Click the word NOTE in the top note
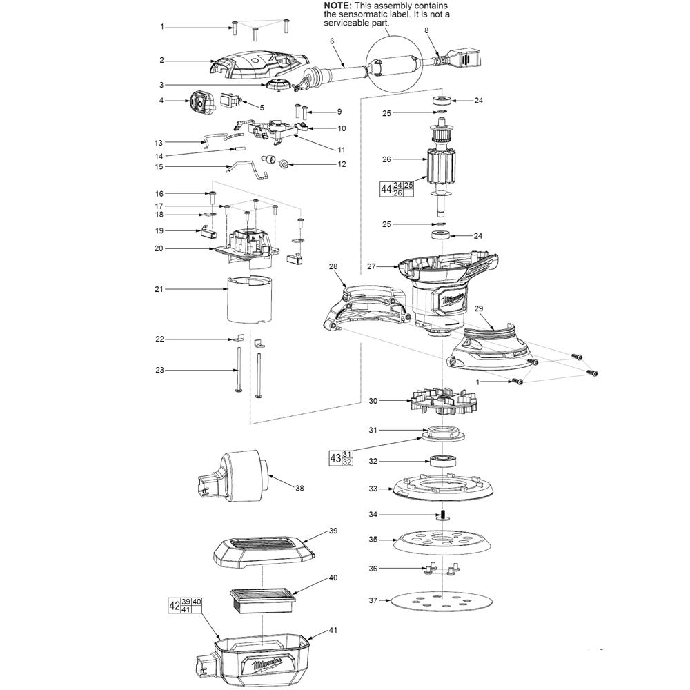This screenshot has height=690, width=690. coord(338,6)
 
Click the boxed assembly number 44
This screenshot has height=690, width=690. coord(386,189)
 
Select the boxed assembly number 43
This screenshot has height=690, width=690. coord(335,458)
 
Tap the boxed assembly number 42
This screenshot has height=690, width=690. coord(175,606)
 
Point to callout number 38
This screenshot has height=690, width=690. coord(299,488)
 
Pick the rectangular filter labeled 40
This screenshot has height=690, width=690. coord(262,602)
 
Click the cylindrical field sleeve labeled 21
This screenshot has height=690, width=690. coord(249,299)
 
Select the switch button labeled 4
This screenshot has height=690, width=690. coord(201,102)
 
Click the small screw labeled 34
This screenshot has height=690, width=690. coord(443,515)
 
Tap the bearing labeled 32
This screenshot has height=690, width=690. coord(442,461)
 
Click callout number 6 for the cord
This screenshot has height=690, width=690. coord(333,41)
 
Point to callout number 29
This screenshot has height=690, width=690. coord(478,308)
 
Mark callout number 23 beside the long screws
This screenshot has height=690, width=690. coord(159,370)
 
